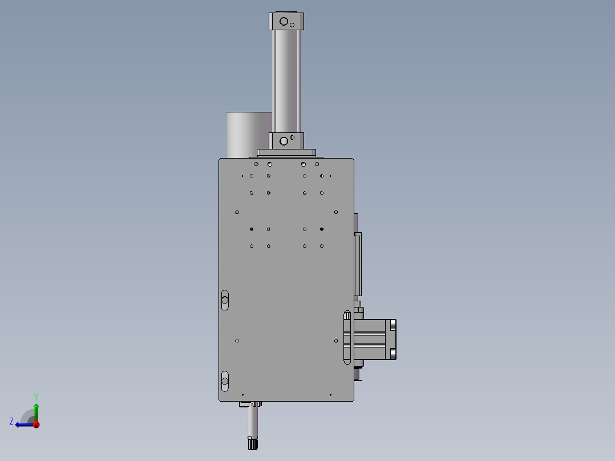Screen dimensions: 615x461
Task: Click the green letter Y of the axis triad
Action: [36, 397]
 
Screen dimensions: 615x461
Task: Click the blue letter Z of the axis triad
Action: [11, 422]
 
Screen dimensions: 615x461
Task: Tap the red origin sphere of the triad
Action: [37, 424]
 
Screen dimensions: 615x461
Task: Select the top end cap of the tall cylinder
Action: [286, 21]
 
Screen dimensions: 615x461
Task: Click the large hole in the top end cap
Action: [284, 22]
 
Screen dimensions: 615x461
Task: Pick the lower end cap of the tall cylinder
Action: [286, 140]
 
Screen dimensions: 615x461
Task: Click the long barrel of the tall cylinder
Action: [286, 81]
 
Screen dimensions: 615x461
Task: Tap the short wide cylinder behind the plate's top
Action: [249, 135]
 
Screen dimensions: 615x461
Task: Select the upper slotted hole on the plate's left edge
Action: [225, 300]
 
